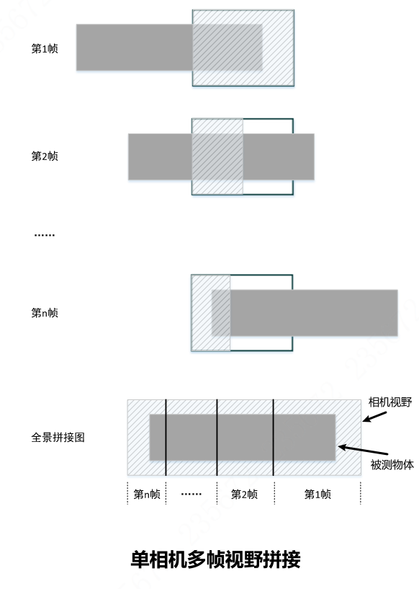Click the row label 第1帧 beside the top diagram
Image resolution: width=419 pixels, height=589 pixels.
pyautogui.click(x=45, y=49)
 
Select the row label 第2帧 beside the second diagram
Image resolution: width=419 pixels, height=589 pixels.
pyautogui.click(x=45, y=156)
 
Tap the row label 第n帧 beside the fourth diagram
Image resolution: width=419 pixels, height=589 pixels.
pyautogui.click(x=45, y=313)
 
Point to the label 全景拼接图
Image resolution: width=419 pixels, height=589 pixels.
pyautogui.click(x=58, y=437)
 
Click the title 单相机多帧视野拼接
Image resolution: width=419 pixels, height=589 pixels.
pyautogui.click(x=216, y=559)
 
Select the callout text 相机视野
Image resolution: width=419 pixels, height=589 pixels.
pyautogui.click(x=390, y=402)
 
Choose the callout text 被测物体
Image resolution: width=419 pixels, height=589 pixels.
pyautogui.click(x=392, y=465)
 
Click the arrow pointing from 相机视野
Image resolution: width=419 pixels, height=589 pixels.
pyautogui.click(x=374, y=417)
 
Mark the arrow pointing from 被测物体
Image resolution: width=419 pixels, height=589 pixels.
pyautogui.click(x=363, y=450)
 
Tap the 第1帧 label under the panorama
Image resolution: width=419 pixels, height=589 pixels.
pyautogui.click(x=317, y=494)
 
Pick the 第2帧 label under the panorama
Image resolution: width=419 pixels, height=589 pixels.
pyautogui.click(x=244, y=494)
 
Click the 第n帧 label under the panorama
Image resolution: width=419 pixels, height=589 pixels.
pyautogui.click(x=147, y=494)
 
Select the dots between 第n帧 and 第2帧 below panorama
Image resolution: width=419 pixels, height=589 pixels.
pyautogui.click(x=192, y=494)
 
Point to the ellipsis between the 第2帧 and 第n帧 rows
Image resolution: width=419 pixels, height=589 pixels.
pyautogui.click(x=45, y=235)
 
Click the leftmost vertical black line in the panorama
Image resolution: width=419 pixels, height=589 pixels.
pyautogui.click(x=166, y=438)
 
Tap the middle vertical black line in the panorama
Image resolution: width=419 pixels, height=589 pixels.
pyautogui.click(x=217, y=438)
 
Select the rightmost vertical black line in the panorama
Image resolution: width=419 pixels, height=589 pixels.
pyautogui.click(x=274, y=438)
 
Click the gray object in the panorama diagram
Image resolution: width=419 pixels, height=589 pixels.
pyautogui.click(x=243, y=437)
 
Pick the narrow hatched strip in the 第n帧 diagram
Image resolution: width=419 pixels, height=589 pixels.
pyautogui.click(x=211, y=313)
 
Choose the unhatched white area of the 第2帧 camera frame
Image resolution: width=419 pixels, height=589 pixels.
pyautogui.click(x=268, y=126)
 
